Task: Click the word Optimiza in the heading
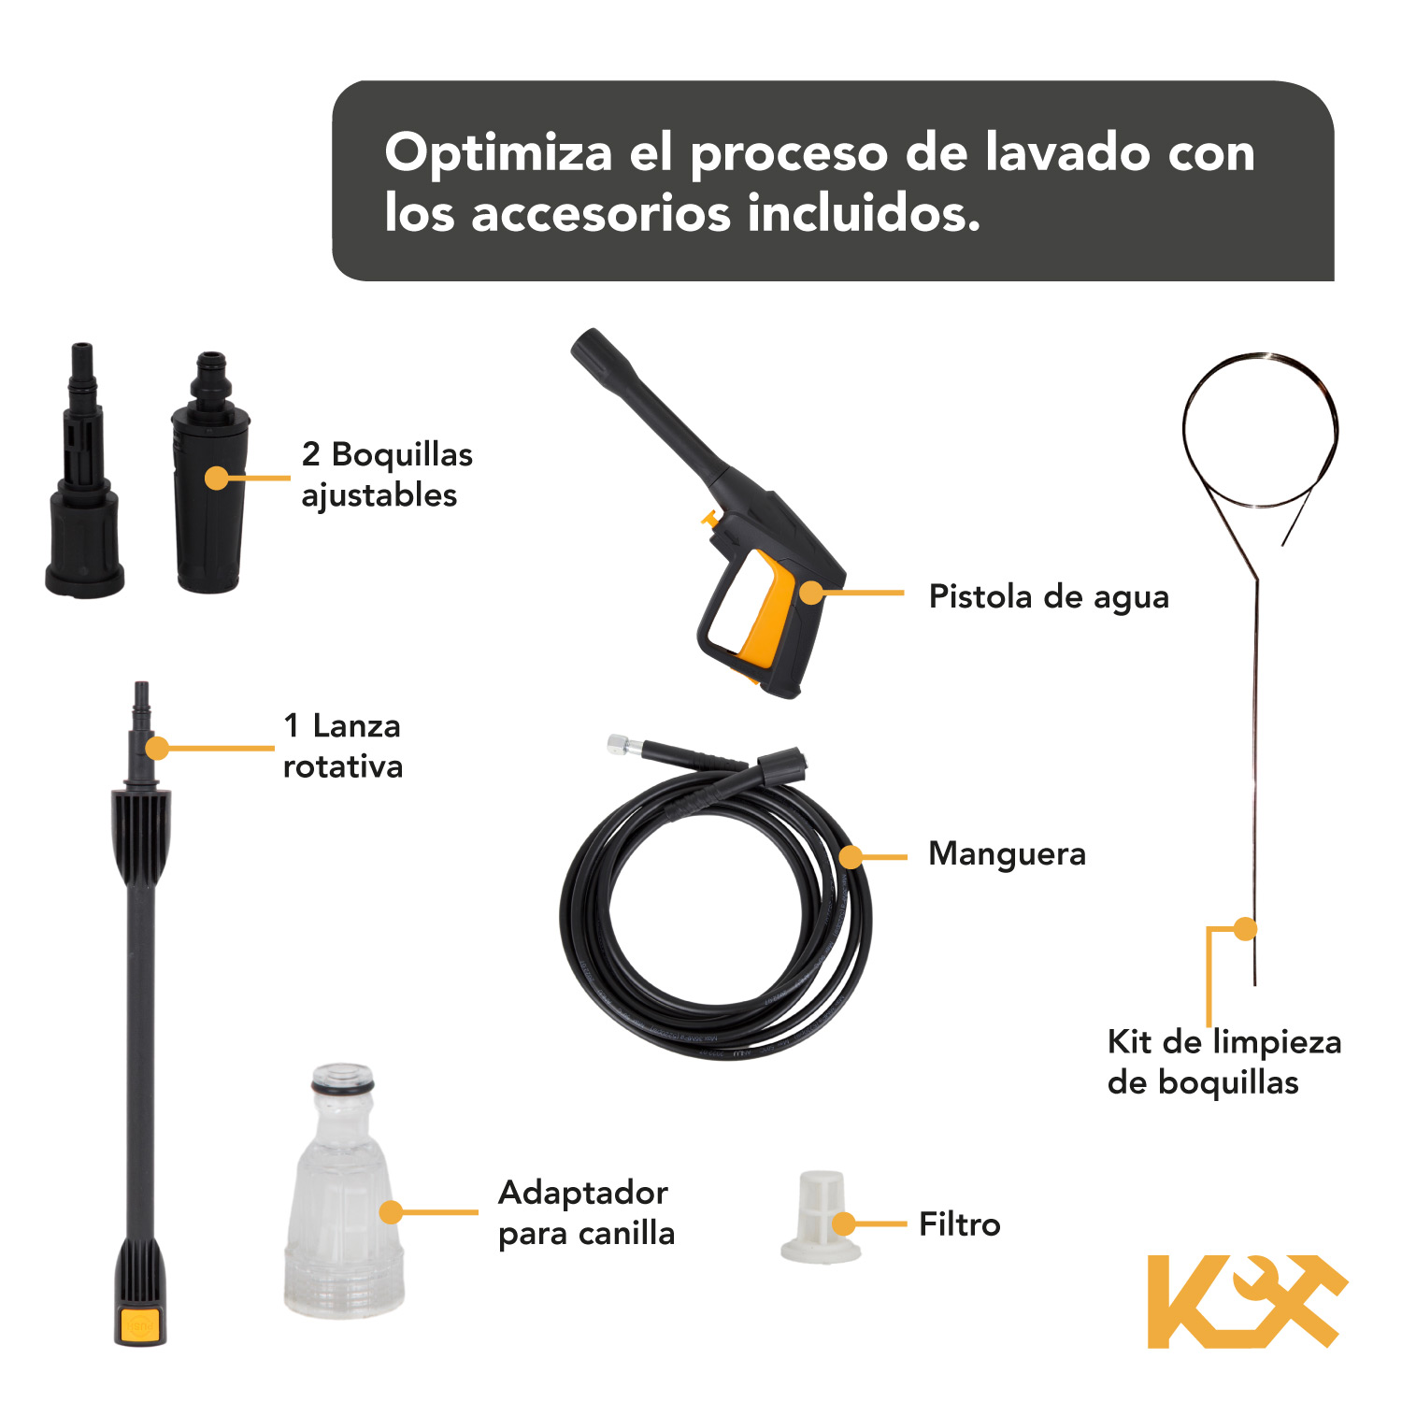point(498,154)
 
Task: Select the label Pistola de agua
point(1048,597)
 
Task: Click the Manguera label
point(1007,854)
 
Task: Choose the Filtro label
point(959,1224)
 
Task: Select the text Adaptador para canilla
point(586,1213)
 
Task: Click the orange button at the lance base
point(140,1324)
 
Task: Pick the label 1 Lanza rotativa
point(342,746)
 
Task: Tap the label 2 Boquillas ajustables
point(386,475)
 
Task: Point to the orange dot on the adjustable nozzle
point(217,479)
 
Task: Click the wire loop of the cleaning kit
point(1260,430)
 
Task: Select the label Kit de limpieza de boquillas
point(1223,1062)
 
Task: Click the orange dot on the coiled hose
point(851,856)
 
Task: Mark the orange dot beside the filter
point(844,1224)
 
